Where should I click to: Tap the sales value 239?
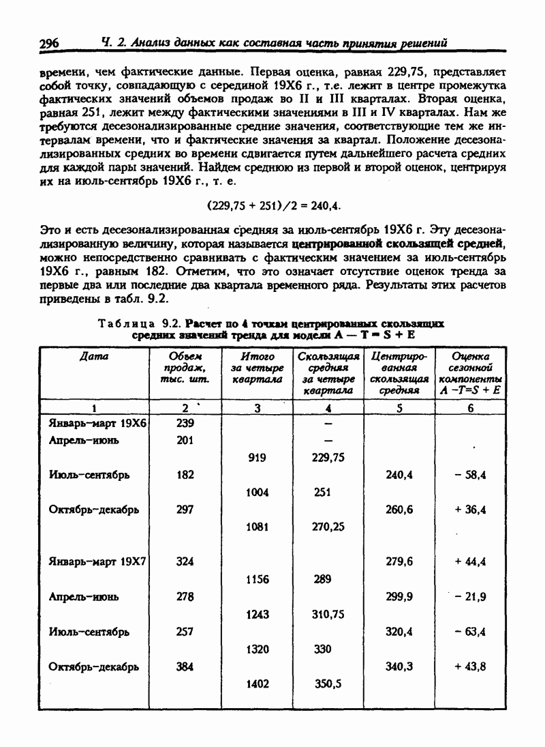click(x=185, y=423)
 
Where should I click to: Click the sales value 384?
click(x=185, y=667)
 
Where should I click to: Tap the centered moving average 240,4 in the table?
click(x=399, y=475)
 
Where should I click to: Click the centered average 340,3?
click(x=399, y=667)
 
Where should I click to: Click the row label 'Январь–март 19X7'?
click(x=99, y=562)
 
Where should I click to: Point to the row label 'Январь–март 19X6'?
click(x=99, y=423)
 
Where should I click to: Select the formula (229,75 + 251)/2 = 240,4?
click(x=273, y=204)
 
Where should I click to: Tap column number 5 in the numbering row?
click(x=399, y=408)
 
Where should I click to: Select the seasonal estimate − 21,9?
click(x=470, y=597)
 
